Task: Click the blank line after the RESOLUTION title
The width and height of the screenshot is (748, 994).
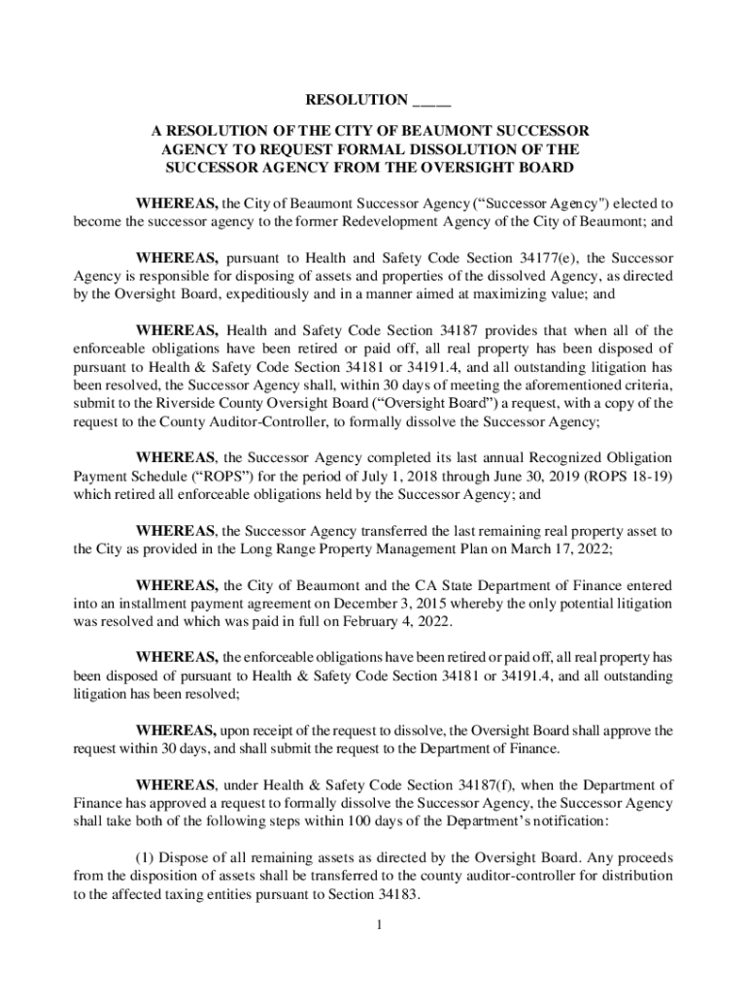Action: point(431,101)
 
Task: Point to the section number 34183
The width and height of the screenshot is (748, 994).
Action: point(396,895)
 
